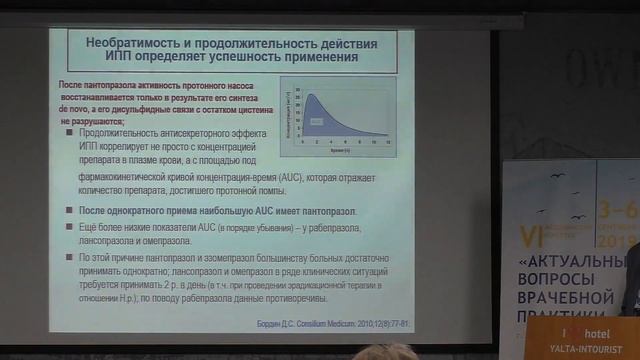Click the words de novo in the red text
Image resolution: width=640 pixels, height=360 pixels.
[x=78, y=111]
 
